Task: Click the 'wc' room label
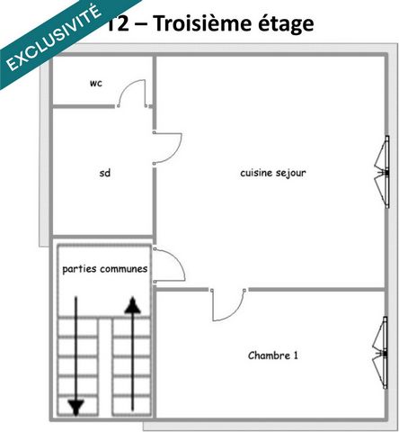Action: tap(96, 84)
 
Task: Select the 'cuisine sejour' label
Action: tap(274, 173)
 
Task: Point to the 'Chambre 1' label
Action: tap(272, 355)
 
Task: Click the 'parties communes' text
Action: tap(104, 269)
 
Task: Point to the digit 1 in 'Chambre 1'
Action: tap(295, 355)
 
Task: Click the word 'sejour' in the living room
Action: tap(292, 173)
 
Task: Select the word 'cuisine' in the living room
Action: tap(256, 173)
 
